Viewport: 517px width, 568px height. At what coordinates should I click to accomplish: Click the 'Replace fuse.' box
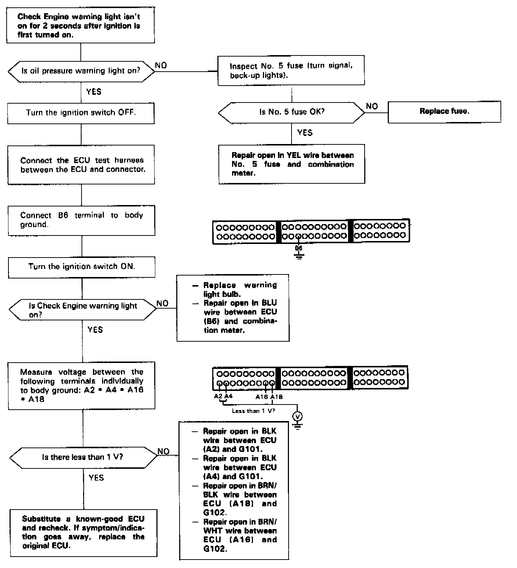(444, 112)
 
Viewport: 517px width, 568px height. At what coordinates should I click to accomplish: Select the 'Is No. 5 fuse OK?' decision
(292, 112)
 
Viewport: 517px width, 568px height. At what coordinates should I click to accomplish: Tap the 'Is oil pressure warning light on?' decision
(81, 71)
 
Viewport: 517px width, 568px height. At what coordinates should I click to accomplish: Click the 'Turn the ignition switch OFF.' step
(81, 113)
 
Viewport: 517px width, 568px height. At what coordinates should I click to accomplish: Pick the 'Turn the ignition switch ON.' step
(82, 266)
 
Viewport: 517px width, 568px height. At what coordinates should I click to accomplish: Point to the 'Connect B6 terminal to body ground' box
(82, 220)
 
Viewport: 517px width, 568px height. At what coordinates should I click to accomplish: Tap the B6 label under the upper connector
(299, 248)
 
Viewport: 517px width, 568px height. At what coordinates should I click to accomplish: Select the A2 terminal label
(218, 396)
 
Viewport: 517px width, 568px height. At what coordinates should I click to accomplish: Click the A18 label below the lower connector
(276, 397)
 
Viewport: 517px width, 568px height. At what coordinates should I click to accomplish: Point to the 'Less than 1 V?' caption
(253, 411)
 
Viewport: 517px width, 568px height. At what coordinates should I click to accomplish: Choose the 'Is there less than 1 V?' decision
(83, 457)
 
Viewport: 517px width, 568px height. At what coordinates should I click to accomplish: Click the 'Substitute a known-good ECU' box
(83, 532)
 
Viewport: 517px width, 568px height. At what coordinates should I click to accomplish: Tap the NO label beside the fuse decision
(372, 106)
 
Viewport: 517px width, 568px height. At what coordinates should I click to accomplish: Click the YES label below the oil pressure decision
(94, 92)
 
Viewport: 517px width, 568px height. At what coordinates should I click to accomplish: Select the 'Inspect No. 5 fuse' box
(291, 71)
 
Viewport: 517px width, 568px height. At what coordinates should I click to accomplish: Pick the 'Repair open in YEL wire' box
(292, 164)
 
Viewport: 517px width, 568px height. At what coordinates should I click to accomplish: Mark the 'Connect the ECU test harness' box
(81, 165)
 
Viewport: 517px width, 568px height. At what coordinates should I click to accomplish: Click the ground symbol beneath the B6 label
(299, 257)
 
